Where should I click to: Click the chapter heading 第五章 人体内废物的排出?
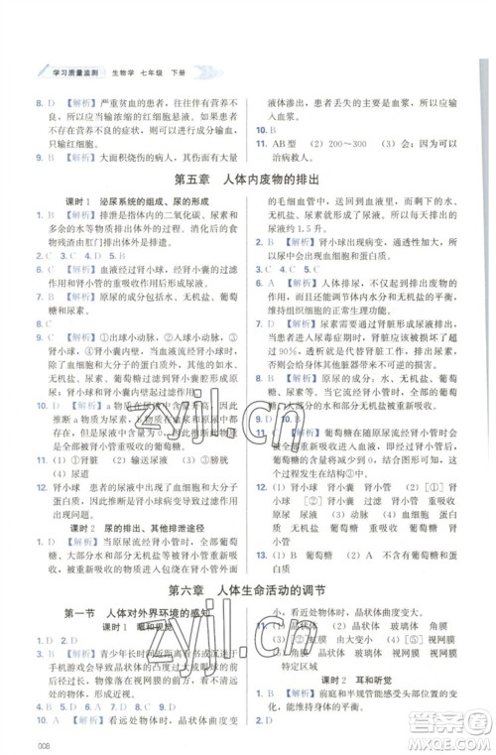(x=248, y=179)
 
